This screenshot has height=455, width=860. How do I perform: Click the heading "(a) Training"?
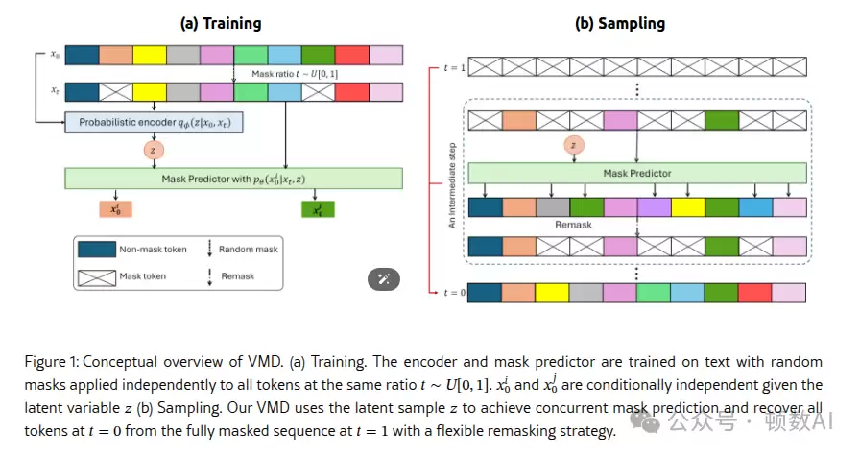click(221, 23)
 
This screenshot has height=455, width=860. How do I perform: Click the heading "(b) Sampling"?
click(619, 23)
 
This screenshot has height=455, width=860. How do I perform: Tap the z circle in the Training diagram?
click(155, 151)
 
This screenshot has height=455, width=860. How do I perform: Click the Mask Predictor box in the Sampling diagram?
click(635, 174)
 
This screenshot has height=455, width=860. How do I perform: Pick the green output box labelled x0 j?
click(317, 209)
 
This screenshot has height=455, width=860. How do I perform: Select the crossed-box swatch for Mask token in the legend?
click(96, 276)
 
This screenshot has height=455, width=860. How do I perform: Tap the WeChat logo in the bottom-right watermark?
click(654, 422)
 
